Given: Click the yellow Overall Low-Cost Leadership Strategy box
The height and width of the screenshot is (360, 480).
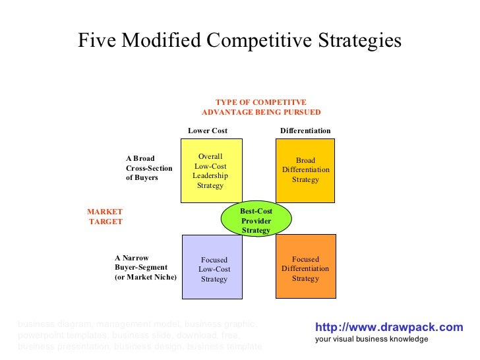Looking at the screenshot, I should click(211, 171).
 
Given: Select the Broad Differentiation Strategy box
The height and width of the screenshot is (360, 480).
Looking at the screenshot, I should click(305, 170).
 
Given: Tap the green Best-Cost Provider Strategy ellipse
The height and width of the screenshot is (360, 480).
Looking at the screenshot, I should click(256, 220).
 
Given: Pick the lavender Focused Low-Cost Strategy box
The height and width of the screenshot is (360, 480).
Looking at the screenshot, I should click(212, 266).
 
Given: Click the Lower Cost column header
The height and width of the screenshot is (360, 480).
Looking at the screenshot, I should click(208, 131).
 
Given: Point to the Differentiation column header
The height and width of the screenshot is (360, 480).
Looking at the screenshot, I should click(305, 131).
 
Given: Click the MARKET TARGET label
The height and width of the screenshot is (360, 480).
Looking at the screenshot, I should click(105, 216).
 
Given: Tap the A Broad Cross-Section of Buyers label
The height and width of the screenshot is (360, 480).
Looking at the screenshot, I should click(149, 168).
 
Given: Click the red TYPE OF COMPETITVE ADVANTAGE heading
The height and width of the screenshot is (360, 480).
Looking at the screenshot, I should click(261, 107).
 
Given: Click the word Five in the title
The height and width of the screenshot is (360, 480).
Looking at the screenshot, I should click(94, 41).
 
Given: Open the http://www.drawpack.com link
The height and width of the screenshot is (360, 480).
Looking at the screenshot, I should click(389, 327).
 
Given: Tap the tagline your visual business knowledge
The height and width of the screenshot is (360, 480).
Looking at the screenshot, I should click(371, 339).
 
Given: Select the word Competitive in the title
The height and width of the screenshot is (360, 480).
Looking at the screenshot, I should click(264, 41).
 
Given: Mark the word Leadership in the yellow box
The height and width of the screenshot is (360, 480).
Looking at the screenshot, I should click(210, 175).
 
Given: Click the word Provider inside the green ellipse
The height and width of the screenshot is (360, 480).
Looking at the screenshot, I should click(256, 220).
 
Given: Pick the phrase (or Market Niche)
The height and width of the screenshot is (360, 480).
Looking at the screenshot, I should click(146, 278).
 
